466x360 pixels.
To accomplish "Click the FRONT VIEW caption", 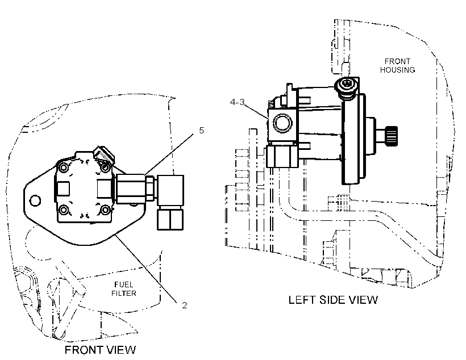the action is coord(100,350).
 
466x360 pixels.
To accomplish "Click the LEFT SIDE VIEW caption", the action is coord(333,300).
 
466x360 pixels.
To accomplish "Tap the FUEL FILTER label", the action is coord(124,289).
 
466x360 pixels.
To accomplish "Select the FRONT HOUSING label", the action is coord(397,66).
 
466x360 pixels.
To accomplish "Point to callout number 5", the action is coord(202,131).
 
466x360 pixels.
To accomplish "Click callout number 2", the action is coord(185,305).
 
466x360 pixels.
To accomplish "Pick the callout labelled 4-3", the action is coord(237,102).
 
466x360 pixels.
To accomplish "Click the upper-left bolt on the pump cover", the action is coord(63,168).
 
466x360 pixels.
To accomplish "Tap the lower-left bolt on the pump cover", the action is coord(63,210).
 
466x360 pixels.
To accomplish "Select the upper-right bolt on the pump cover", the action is coord(105,168).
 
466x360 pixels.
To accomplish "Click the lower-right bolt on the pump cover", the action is coord(105,210).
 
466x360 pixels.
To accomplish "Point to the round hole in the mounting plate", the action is coord(35,200).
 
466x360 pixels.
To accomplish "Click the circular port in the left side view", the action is coord(282,123).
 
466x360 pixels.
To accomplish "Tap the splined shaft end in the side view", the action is coord(391,136).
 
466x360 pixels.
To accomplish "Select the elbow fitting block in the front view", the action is coord(170,190).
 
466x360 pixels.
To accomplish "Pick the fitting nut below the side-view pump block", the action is coord(282,156).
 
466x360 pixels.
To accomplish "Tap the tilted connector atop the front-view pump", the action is coord(104,155).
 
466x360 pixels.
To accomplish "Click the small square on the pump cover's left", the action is coord(63,189).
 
